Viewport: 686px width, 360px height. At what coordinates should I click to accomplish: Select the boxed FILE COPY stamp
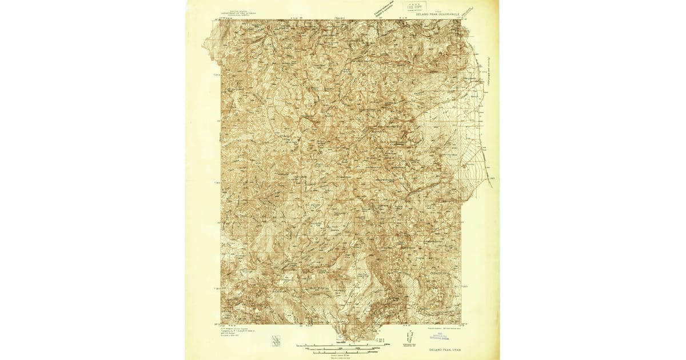pyautogui.click(x=417, y=6)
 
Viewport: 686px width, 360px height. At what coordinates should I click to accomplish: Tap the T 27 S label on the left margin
pyautogui.click(x=217, y=74)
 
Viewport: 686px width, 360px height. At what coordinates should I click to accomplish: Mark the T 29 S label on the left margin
pyautogui.click(x=217, y=285)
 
